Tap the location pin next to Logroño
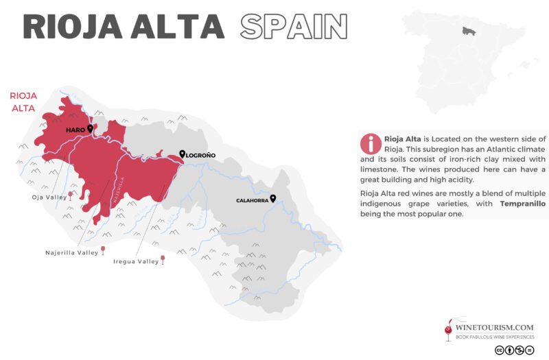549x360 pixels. (x=182, y=154)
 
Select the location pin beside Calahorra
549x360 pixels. (x=272, y=199)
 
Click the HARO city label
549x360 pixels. (x=75, y=129)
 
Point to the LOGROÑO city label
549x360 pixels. (x=201, y=156)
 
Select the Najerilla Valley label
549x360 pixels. (x=71, y=252)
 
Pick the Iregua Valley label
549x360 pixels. (x=135, y=261)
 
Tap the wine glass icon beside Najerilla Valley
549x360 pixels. (x=103, y=250)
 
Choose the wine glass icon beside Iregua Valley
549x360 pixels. (x=163, y=259)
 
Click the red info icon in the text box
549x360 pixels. (x=371, y=143)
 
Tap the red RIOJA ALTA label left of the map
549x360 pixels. (x=20, y=102)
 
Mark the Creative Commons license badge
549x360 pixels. (x=514, y=350)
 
